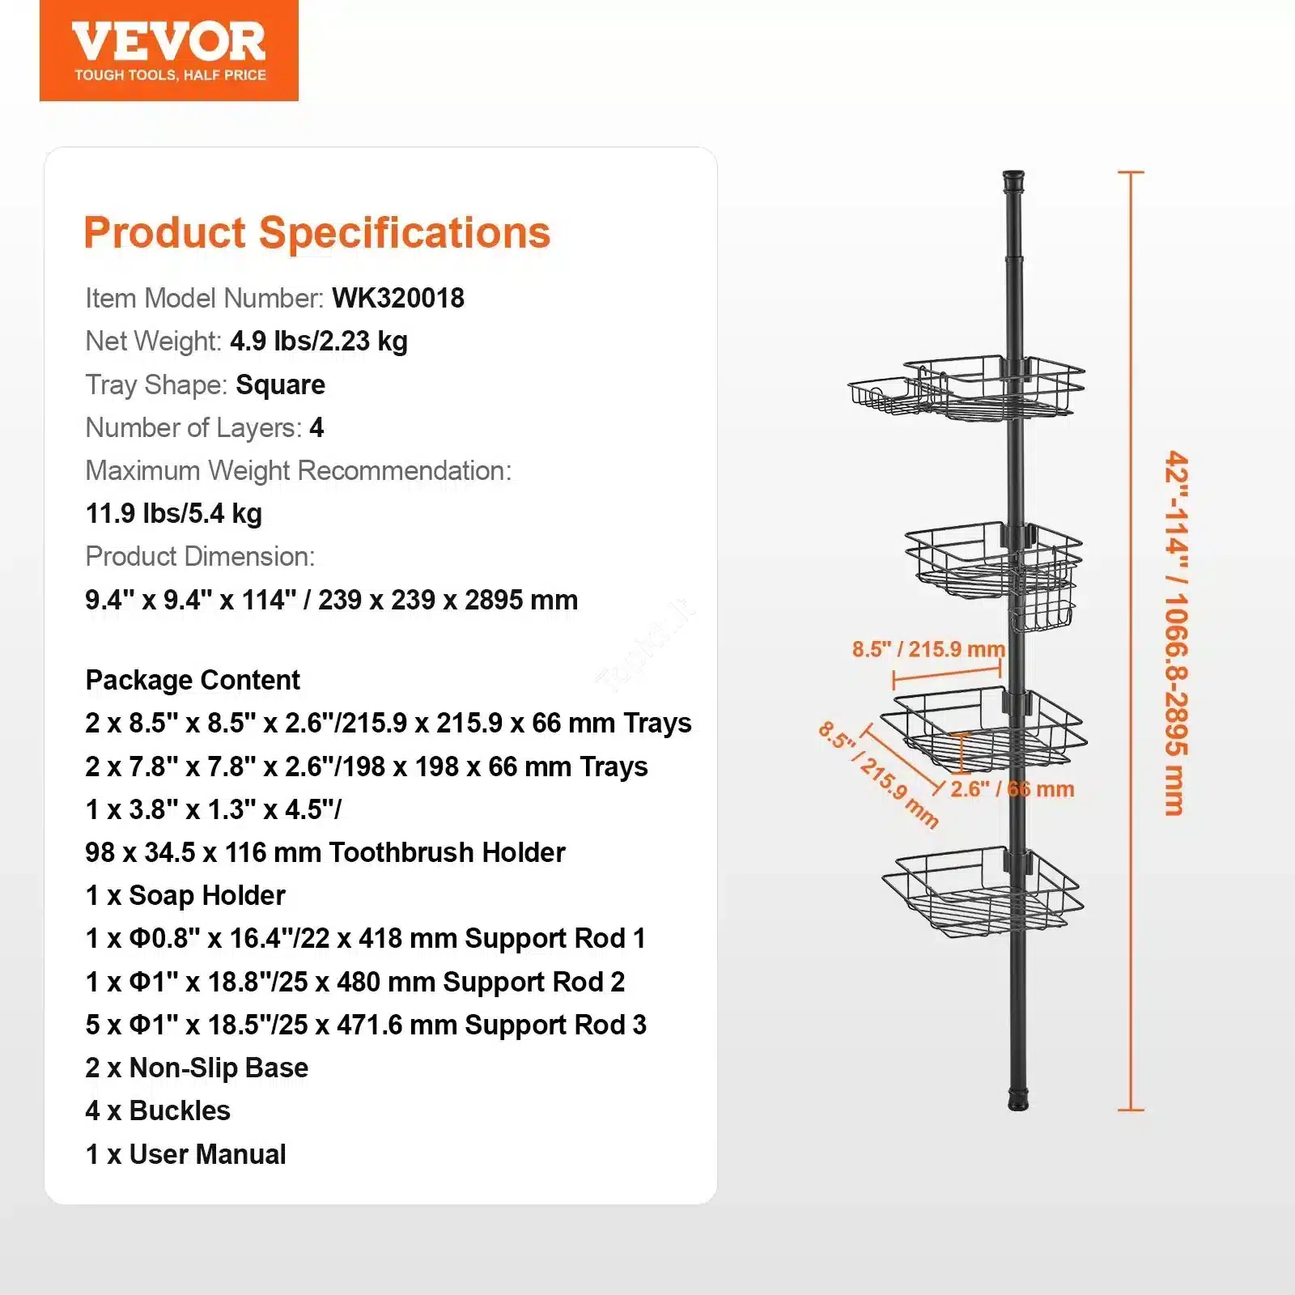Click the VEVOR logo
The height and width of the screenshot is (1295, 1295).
[168, 50]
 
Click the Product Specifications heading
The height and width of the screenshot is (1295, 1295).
[317, 233]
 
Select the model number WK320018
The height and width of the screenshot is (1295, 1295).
[398, 298]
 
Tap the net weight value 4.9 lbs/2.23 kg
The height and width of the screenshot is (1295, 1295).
[319, 342]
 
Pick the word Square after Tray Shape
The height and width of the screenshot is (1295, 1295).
[280, 385]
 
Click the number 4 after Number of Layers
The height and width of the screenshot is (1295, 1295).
[316, 427]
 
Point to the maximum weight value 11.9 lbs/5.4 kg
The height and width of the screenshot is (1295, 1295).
[174, 514]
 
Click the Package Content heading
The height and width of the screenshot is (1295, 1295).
[193, 681]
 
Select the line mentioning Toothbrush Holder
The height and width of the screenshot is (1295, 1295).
[325, 852]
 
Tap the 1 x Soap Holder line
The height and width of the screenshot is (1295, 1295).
[185, 895]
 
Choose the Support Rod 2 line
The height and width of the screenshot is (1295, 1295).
[355, 982]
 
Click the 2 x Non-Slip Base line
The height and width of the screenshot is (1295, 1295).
[197, 1068]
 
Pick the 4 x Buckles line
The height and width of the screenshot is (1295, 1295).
[158, 1111]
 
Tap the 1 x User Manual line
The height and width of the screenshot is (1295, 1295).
[185, 1154]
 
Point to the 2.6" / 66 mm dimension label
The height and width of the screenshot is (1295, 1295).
[1013, 789]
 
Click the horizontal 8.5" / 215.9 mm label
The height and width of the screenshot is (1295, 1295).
[928, 649]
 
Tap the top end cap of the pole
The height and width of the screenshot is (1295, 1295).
[1013, 180]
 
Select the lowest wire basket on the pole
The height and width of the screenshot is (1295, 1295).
[983, 893]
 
